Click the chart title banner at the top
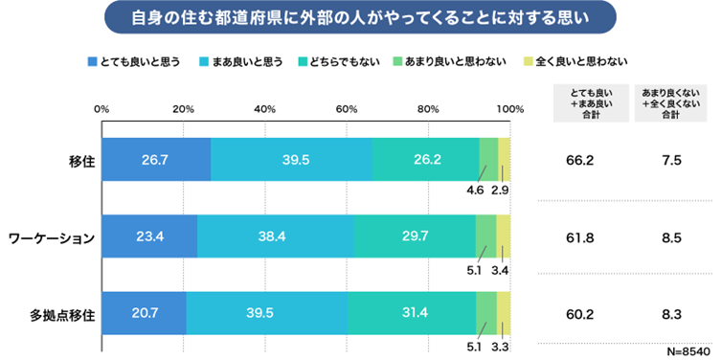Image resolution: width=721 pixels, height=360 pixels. point(359,18)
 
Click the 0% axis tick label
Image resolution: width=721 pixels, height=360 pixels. point(101,109)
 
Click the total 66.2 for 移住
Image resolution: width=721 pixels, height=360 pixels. point(580,160)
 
